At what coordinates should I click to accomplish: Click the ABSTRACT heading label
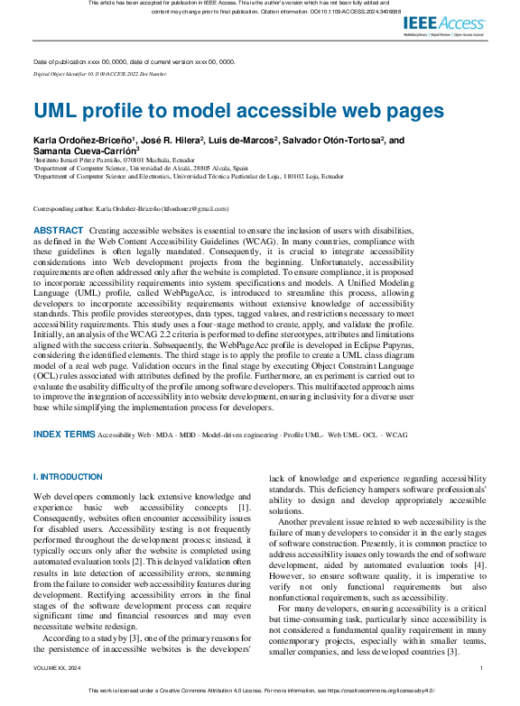point(58,232)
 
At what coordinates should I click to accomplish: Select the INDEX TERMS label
point(63,434)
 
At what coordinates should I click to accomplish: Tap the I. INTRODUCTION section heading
point(68,476)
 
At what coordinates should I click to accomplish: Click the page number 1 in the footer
point(482,668)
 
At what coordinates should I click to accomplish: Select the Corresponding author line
point(131,208)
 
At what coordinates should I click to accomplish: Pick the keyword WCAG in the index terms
point(397,435)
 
